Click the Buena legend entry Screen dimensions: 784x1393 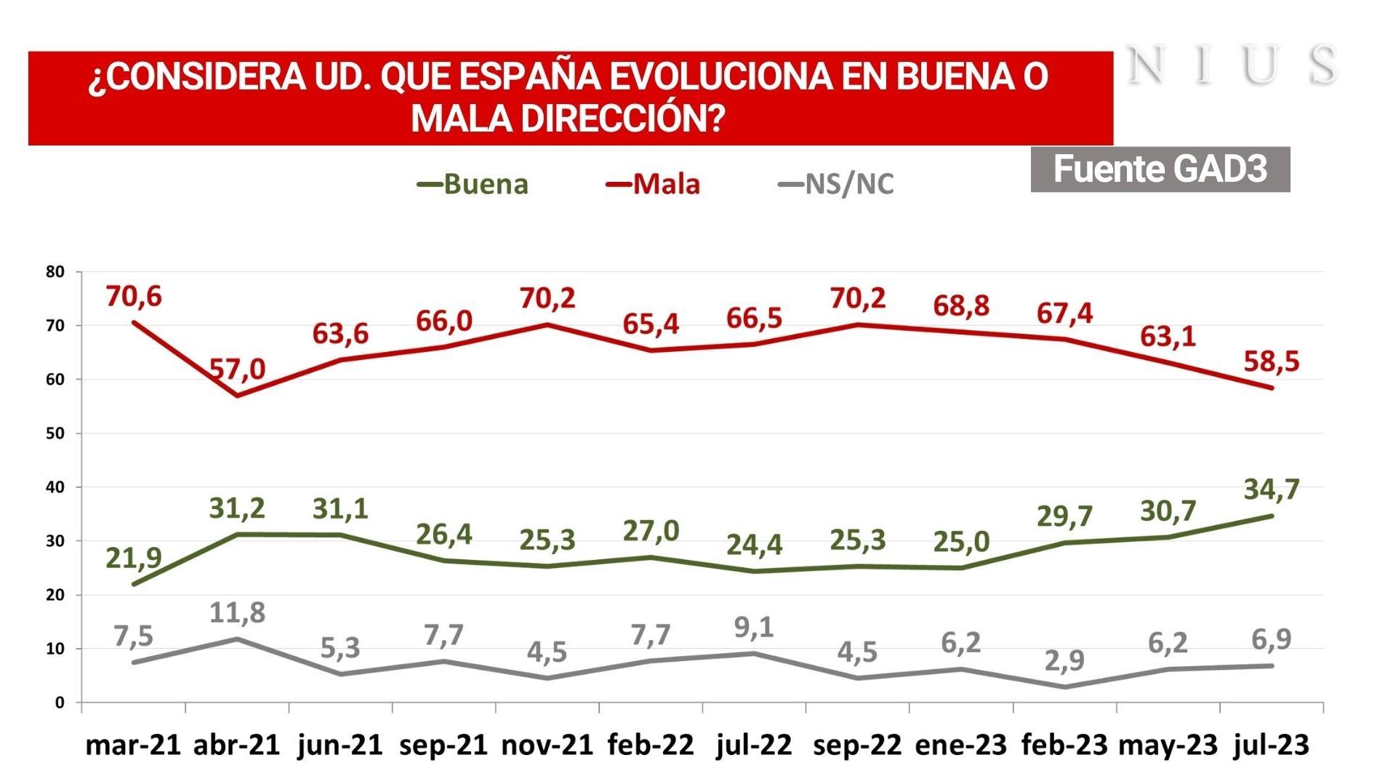point(473,184)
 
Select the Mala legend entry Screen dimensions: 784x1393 point(654,184)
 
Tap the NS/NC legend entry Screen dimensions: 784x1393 point(836,184)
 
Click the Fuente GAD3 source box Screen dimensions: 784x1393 point(1160,169)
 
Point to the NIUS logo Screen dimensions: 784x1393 point(1233,65)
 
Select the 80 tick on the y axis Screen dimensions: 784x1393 point(55,272)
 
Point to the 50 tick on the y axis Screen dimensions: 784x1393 point(55,433)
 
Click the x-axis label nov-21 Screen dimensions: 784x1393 point(547,745)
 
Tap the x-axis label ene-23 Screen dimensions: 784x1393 point(960,745)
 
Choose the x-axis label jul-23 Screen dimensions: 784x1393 point(1270,745)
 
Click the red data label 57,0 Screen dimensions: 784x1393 point(238,369)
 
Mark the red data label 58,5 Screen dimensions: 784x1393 point(1271,361)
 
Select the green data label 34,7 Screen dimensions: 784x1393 point(1271,489)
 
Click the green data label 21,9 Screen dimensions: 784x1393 point(134,558)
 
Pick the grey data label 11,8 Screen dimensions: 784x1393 point(237,613)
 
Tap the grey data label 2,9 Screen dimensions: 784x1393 point(1064,660)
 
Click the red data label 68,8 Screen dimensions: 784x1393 point(961,306)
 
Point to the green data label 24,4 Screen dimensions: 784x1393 point(755,543)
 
